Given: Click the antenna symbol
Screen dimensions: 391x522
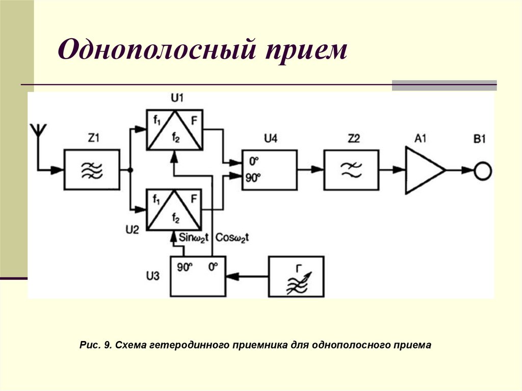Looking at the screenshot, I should (x=38, y=131).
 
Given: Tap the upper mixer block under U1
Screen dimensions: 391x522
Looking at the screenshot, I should (x=174, y=129).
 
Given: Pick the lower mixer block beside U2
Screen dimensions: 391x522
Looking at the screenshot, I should (x=174, y=210).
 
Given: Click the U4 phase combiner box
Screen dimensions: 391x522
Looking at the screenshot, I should (x=269, y=170).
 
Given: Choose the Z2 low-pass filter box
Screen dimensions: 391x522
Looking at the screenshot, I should (x=351, y=170).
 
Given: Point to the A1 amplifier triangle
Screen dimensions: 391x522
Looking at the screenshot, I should (x=423, y=170).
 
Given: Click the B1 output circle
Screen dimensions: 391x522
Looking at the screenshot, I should (x=482, y=170).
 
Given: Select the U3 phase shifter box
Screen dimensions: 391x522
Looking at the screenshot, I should (x=197, y=276).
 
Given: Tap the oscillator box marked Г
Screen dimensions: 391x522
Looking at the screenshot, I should (x=297, y=276).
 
